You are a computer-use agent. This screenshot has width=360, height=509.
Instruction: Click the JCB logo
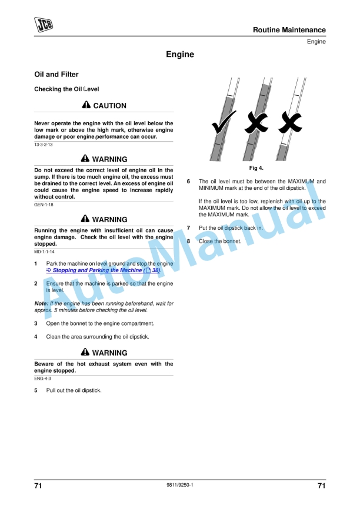(x=44, y=25)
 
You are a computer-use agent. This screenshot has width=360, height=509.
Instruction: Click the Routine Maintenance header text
(x=289, y=30)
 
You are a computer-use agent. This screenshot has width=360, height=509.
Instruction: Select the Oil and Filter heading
(x=56, y=74)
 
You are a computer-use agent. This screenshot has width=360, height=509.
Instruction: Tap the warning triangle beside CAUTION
(x=86, y=105)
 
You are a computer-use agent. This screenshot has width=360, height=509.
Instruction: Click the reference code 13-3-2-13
(x=43, y=145)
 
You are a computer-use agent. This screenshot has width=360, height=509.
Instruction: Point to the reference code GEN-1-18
(x=44, y=205)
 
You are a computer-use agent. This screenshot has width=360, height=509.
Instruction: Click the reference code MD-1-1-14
(x=44, y=252)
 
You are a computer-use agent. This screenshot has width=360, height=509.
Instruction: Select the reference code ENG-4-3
(x=42, y=379)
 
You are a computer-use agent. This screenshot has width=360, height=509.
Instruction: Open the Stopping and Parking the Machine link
(x=104, y=270)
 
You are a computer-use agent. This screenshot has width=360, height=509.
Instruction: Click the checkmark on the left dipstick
(x=224, y=122)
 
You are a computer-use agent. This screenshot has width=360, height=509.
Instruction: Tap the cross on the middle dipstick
(x=256, y=122)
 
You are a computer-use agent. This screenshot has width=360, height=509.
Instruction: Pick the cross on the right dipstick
(x=290, y=122)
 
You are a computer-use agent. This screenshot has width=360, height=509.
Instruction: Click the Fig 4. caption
(x=256, y=168)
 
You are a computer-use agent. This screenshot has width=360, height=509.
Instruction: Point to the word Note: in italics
(x=41, y=303)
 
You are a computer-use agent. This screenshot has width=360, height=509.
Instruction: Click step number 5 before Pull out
(x=36, y=390)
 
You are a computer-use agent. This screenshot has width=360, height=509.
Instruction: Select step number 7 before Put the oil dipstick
(x=188, y=228)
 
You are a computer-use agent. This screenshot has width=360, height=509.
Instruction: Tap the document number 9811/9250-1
(x=180, y=485)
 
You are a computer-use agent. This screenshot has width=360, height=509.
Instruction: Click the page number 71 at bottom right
(x=322, y=485)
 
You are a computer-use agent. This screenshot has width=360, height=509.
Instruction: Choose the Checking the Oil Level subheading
(x=66, y=89)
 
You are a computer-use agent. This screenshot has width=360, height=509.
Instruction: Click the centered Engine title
(x=180, y=54)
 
